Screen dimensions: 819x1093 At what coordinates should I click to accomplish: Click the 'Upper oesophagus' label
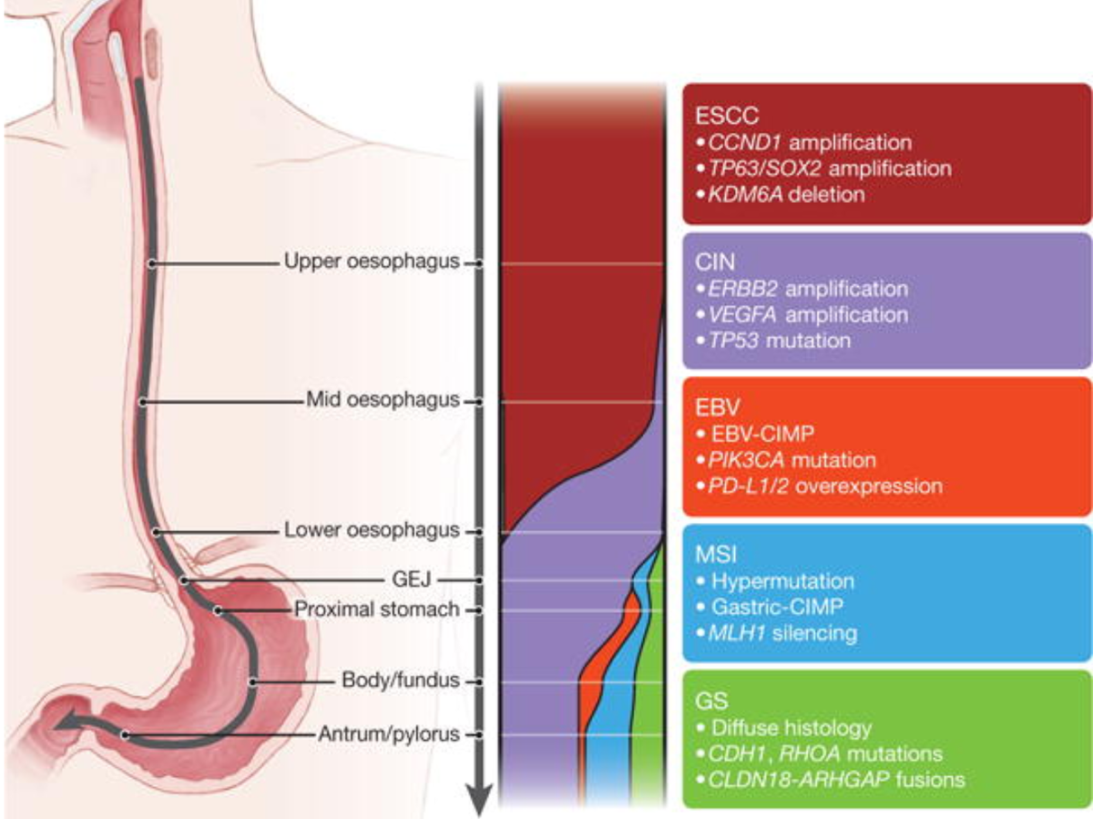pyautogui.click(x=371, y=262)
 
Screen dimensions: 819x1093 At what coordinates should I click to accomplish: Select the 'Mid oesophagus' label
pyautogui.click(x=383, y=400)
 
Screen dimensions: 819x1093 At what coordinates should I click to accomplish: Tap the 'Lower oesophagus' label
pyautogui.click(x=371, y=530)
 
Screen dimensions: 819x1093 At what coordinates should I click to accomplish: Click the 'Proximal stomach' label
pyautogui.click(x=376, y=609)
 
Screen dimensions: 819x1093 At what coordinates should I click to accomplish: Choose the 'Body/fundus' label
pyautogui.click(x=400, y=681)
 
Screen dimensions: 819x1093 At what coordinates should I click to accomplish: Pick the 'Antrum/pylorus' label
pyautogui.click(x=389, y=733)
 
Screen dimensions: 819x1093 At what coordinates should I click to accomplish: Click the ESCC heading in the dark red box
pyautogui.click(x=728, y=117)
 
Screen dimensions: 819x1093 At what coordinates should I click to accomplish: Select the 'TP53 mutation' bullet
pyautogui.click(x=779, y=341)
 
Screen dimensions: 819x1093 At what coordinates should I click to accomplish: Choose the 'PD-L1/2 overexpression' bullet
pyautogui.click(x=824, y=485)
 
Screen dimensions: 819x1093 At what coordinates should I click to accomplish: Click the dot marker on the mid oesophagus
pyautogui.click(x=143, y=401)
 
